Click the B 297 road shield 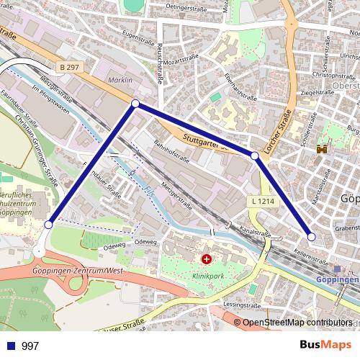[70, 67]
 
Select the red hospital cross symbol [207, 258]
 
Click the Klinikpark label [207, 274]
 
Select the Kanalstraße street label [255, 233]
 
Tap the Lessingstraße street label [242, 305]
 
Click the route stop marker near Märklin [135, 104]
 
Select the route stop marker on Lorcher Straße [254, 156]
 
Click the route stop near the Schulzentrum [48, 225]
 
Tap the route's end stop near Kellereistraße [311, 236]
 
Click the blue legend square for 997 [10, 346]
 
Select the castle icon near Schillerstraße [322, 148]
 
